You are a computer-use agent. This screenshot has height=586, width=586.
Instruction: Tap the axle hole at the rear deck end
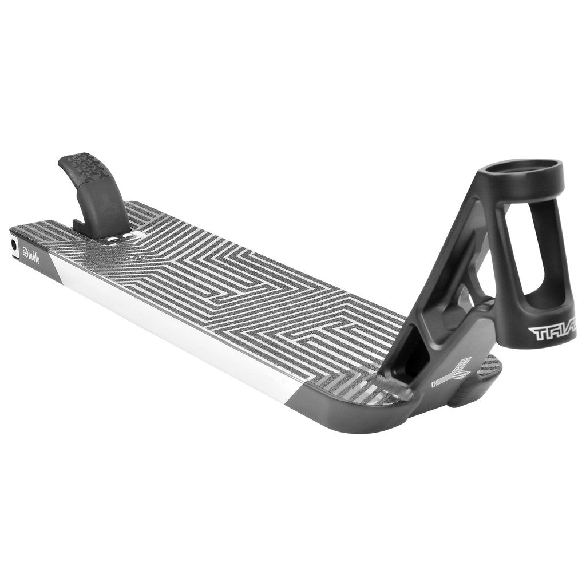14,244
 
